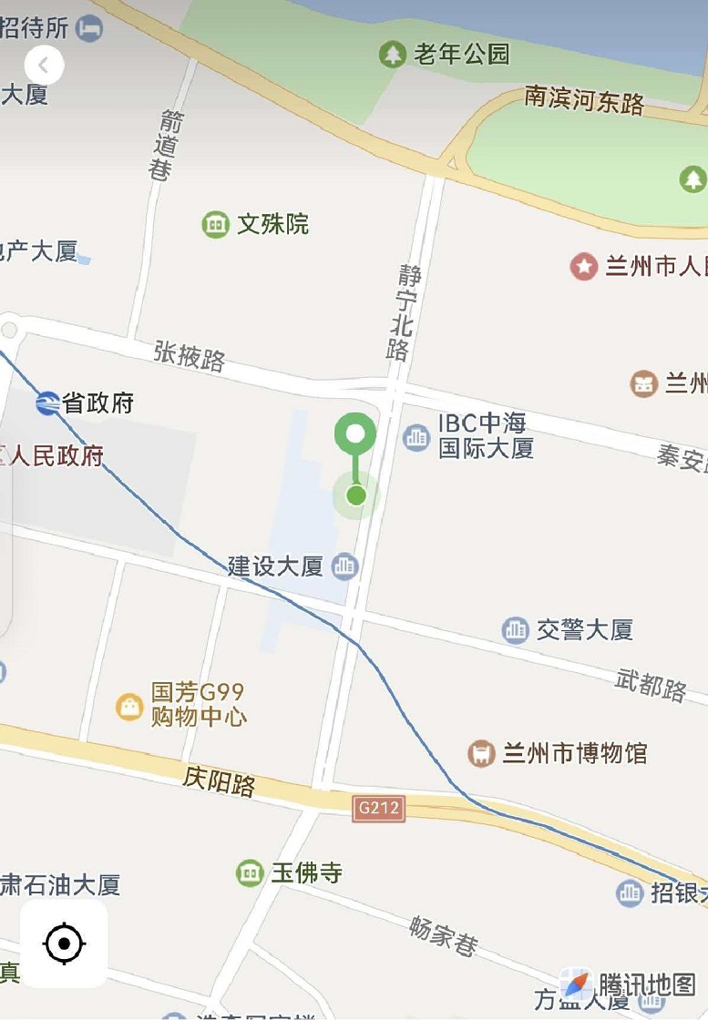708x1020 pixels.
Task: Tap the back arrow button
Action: (44, 65)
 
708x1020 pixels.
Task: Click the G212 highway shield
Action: (378, 808)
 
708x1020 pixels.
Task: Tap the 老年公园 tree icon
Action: (393, 55)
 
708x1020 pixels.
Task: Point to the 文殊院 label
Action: (272, 224)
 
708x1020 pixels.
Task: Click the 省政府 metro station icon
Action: (47, 403)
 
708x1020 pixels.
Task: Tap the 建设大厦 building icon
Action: (344, 566)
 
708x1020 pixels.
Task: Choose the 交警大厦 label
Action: (584, 629)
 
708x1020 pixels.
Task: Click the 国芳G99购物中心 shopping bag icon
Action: (129, 706)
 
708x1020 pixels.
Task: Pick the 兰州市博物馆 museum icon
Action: (481, 753)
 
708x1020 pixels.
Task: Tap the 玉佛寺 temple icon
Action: (250, 872)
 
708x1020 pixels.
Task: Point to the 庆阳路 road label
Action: (219, 780)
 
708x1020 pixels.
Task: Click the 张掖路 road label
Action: (189, 355)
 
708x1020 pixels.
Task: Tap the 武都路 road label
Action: (651, 684)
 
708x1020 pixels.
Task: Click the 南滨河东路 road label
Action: (584, 99)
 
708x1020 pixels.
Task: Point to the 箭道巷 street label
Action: (165, 146)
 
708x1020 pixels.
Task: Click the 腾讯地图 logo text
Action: (647, 984)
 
